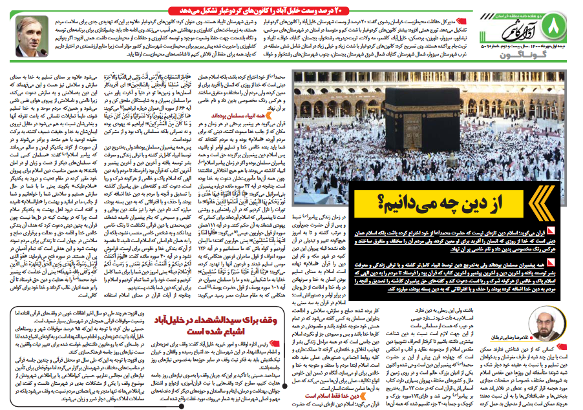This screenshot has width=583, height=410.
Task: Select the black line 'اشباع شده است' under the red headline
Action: pos(243,333)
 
